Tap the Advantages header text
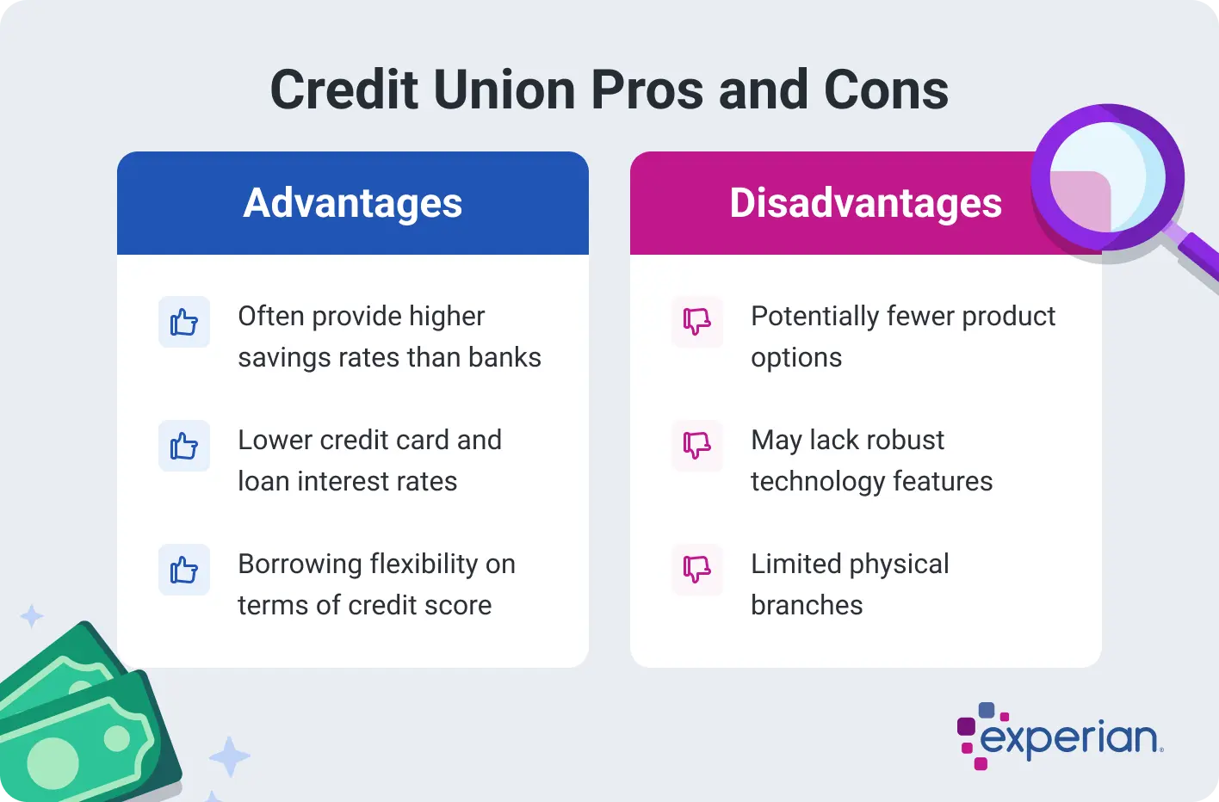pyautogui.click(x=353, y=203)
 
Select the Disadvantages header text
pyautogui.click(x=865, y=203)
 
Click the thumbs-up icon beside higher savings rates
pyautogui.click(x=184, y=322)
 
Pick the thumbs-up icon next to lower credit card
pyautogui.click(x=184, y=446)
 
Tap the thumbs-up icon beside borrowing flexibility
pyautogui.click(x=184, y=570)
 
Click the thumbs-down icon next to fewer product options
pyautogui.click(x=697, y=322)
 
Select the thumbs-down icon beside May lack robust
pyautogui.click(x=697, y=446)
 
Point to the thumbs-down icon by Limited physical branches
pyautogui.click(x=697, y=570)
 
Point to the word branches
pyautogui.click(x=807, y=605)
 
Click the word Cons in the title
pyautogui.click(x=886, y=89)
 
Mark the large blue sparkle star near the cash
pyautogui.click(x=229, y=757)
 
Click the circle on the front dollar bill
pyautogui.click(x=53, y=762)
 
